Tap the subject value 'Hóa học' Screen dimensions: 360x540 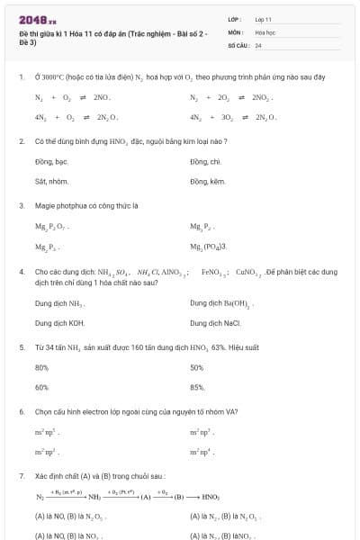point(265,31)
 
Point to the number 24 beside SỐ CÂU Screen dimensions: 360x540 point(258,44)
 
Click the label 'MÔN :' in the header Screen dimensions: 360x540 point(236,31)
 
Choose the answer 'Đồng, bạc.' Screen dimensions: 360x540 point(51,162)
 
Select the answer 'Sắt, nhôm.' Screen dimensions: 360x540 point(51,181)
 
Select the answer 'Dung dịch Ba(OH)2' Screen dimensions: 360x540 point(220,303)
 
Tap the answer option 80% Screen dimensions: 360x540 point(41,367)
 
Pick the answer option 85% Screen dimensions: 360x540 point(198,387)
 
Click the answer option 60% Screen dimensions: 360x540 point(41,387)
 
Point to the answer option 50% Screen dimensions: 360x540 point(197,367)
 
